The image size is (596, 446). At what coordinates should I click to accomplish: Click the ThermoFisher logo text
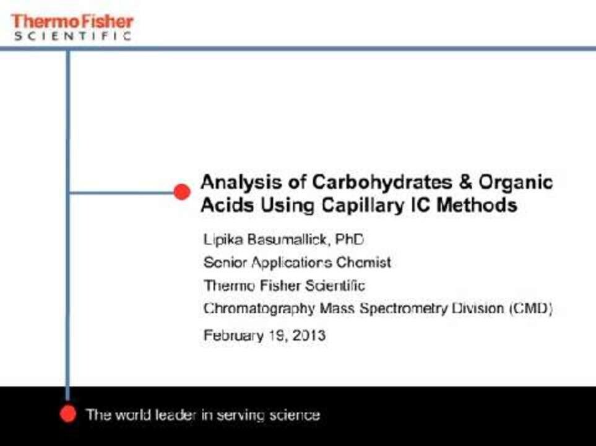tap(72, 22)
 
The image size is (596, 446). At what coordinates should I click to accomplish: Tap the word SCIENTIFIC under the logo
tap(73, 36)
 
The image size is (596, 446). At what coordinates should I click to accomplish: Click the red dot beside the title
tap(182, 192)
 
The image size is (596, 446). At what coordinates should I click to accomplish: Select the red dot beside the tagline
tap(68, 414)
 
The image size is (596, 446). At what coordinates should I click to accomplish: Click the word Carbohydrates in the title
tap(382, 182)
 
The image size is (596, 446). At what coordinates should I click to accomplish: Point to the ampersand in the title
tap(465, 182)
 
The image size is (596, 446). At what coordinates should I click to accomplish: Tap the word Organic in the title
tap(515, 183)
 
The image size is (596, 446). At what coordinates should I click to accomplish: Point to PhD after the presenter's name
tap(350, 239)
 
